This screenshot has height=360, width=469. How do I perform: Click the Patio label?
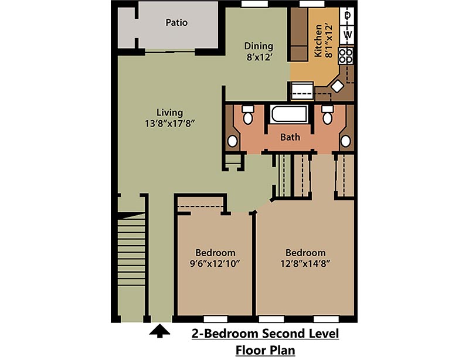click(x=176, y=23)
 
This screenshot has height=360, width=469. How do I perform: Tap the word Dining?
click(x=259, y=46)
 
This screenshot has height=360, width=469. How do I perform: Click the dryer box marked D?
click(x=348, y=16)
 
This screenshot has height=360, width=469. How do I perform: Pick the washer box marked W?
click(x=348, y=35)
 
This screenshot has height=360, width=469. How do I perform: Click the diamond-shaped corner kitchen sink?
click(x=337, y=86)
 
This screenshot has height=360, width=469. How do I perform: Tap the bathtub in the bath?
click(x=289, y=114)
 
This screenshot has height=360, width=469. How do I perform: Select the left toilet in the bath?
click(x=248, y=116)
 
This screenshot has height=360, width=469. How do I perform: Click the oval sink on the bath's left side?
click(x=233, y=141)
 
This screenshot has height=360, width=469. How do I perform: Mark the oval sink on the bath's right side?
click(x=346, y=141)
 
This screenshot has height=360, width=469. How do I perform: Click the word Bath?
click(x=290, y=137)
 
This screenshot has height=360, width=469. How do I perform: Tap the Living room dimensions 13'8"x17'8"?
click(x=169, y=124)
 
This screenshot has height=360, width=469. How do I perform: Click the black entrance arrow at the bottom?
click(x=159, y=332)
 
